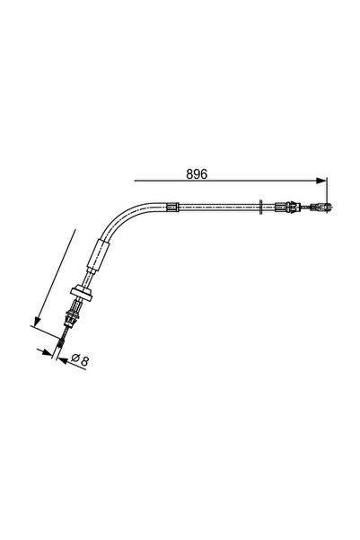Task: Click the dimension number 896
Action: click(x=198, y=173)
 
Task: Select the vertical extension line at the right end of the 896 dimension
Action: click(x=327, y=193)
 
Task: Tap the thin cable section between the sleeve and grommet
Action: click(x=86, y=280)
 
